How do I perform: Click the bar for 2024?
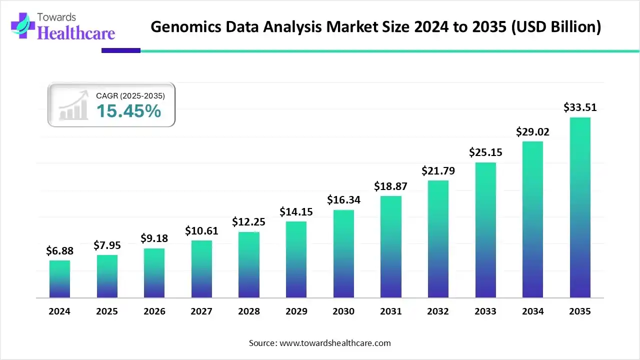[59, 279]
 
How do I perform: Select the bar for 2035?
[580, 207]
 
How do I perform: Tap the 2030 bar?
[343, 253]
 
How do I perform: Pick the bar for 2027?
[201, 269]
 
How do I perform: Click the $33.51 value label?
[580, 107]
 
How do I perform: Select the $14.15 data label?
[296, 211]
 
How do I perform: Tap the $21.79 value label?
[438, 170]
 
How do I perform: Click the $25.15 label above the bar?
[485, 152]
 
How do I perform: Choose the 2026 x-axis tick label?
[154, 311]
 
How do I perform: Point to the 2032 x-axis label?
[438, 311]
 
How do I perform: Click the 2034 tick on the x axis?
[532, 311]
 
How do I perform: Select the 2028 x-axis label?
[249, 311]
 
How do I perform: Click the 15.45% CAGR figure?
[128, 111]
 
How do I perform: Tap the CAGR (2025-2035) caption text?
[130, 95]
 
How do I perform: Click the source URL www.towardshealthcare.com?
[334, 343]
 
